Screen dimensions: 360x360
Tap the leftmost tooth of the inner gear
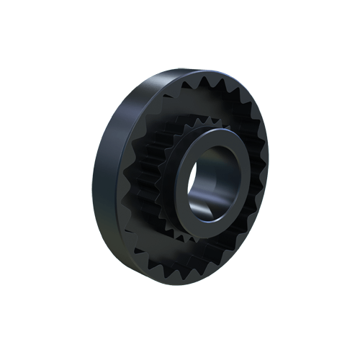[x=160, y=173]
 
